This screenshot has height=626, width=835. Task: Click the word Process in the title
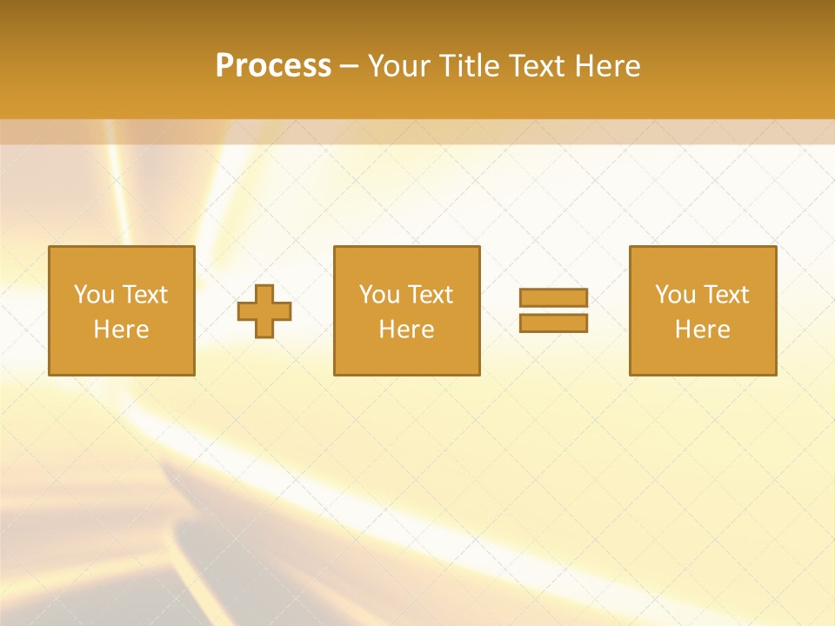tap(273, 66)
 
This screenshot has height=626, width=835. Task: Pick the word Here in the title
tap(609, 66)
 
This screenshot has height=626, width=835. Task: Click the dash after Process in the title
tap(349, 67)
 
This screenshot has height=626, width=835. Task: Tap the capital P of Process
tap(225, 66)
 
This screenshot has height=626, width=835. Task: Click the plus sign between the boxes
tap(265, 311)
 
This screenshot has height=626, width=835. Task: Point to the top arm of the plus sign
tap(265, 293)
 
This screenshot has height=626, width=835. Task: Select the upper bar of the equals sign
tap(553, 298)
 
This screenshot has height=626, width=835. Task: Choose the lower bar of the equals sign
tap(553, 323)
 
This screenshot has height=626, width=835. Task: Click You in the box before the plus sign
tap(93, 295)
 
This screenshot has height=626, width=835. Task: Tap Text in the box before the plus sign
tap(144, 295)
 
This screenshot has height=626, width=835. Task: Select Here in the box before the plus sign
tap(121, 330)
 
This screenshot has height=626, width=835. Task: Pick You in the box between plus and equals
tap(379, 295)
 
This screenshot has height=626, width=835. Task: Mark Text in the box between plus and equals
tap(430, 295)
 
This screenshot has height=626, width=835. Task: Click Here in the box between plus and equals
tap(406, 330)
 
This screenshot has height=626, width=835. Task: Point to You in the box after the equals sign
tap(675, 295)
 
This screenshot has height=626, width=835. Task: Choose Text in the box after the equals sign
tap(725, 295)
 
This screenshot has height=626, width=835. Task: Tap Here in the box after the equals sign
tap(702, 330)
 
